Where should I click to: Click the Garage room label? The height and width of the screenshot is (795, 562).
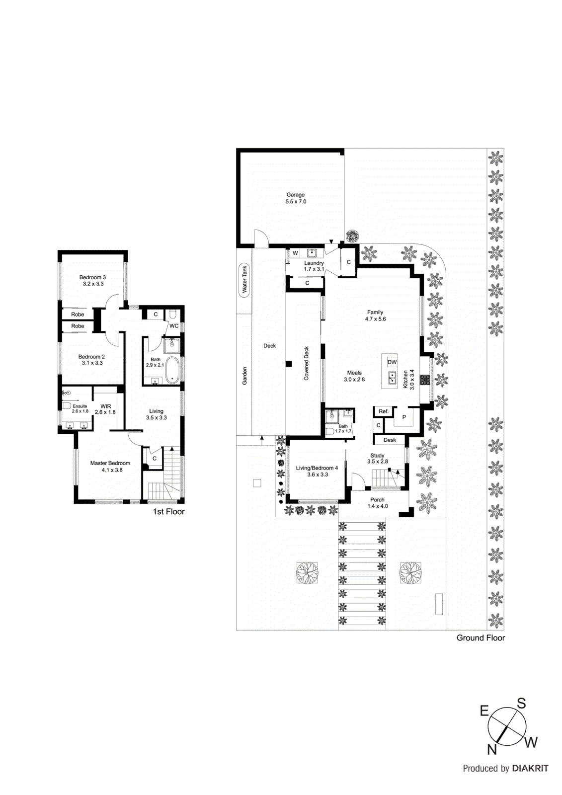(295, 198)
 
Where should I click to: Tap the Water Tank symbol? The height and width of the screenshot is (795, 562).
(244, 280)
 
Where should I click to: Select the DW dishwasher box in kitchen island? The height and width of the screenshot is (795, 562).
(392, 362)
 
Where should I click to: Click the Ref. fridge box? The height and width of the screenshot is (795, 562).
(383, 411)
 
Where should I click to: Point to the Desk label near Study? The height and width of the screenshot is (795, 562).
(390, 440)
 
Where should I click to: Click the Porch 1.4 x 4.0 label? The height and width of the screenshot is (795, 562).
(377, 503)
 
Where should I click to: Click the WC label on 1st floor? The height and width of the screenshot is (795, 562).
(174, 326)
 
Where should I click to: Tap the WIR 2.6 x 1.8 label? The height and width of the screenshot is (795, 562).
(105, 409)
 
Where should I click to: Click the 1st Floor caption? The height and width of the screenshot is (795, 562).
(168, 512)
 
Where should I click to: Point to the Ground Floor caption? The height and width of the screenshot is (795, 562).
(481, 637)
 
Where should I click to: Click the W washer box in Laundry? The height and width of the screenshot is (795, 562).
(295, 253)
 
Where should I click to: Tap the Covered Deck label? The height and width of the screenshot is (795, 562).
(306, 363)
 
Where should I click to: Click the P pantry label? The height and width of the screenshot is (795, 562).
(404, 417)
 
